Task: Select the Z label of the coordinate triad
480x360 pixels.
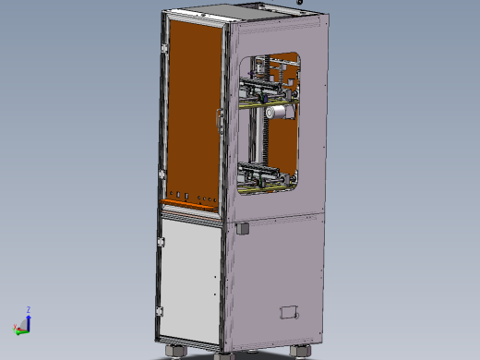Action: click(x=29, y=310)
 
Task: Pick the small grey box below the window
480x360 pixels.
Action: click(x=244, y=227)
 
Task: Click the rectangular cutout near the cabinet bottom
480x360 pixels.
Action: click(x=291, y=312)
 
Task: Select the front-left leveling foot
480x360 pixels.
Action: click(x=173, y=351)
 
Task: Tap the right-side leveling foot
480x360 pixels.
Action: click(x=301, y=351)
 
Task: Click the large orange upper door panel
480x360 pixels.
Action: click(x=191, y=111)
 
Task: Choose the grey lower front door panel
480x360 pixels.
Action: click(x=188, y=277)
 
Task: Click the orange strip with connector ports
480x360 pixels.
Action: click(x=189, y=199)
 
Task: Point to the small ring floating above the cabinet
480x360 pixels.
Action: click(x=299, y=3)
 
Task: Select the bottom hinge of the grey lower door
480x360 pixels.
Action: click(x=159, y=309)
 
